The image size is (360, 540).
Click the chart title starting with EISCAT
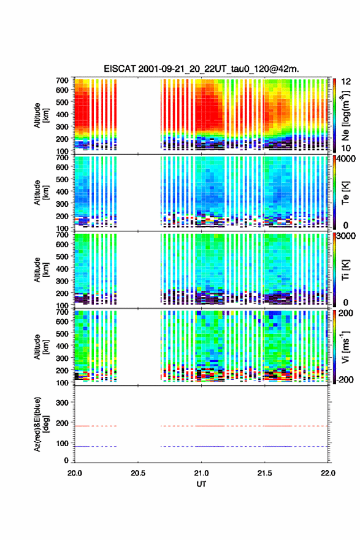click(201, 69)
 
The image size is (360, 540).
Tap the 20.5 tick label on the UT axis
click(138, 473)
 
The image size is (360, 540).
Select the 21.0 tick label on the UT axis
click(201, 473)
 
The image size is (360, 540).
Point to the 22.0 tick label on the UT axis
click(328, 473)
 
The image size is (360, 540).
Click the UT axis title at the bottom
click(201, 484)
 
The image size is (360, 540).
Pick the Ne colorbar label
click(345, 116)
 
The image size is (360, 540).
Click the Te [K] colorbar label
click(345, 193)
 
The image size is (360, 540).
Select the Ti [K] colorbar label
click(345, 270)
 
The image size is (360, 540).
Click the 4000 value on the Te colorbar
click(345, 159)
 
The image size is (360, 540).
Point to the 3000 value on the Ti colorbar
click(346, 236)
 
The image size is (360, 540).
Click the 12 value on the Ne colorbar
click(347, 82)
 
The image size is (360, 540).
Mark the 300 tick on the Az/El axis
click(63, 403)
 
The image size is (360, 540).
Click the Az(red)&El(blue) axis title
click(41, 424)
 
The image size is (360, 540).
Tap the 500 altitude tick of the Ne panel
click(63, 102)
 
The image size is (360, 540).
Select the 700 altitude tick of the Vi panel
click(63, 312)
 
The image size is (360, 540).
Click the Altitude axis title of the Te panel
click(41, 193)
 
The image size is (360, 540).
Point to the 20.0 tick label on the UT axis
click(75, 473)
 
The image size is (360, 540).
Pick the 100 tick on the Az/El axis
click(63, 443)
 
